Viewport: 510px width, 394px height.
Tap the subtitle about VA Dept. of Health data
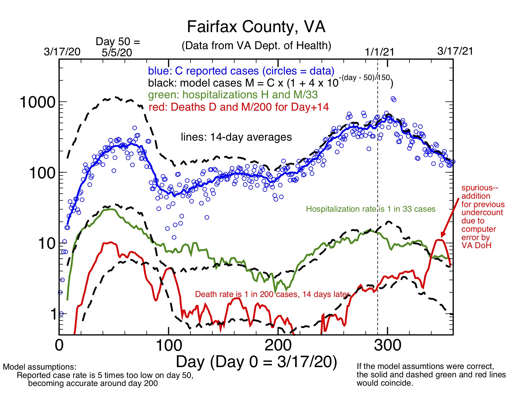[x=256, y=46]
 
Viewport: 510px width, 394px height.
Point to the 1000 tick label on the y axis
[x=37, y=102]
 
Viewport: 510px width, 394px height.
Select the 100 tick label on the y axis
[x=42, y=173]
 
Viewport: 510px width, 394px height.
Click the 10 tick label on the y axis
[x=47, y=244]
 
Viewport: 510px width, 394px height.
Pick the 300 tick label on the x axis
[x=388, y=345]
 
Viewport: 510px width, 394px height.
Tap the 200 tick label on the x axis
[x=278, y=345]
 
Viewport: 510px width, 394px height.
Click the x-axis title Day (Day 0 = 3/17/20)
[x=256, y=362]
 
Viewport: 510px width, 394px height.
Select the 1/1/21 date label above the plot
[x=380, y=52]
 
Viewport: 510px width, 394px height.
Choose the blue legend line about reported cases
[x=241, y=71]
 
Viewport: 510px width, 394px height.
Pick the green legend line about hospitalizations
[x=233, y=95]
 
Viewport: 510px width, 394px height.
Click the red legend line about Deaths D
[x=239, y=107]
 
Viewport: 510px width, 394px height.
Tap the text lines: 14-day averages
[x=236, y=137]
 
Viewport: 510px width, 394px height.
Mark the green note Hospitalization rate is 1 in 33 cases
[x=371, y=209]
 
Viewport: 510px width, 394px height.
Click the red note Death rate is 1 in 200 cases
[x=272, y=294]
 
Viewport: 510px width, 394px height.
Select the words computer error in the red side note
[x=478, y=233]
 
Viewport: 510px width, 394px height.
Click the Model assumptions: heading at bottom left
[x=40, y=367]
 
